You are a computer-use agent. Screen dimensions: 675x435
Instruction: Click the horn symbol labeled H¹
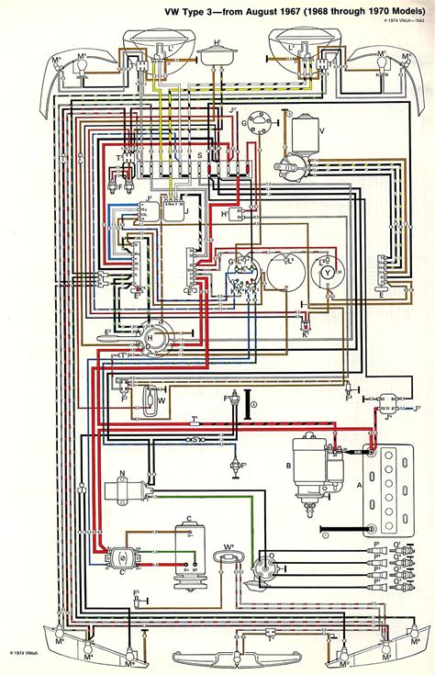pyautogui.click(x=217, y=53)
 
